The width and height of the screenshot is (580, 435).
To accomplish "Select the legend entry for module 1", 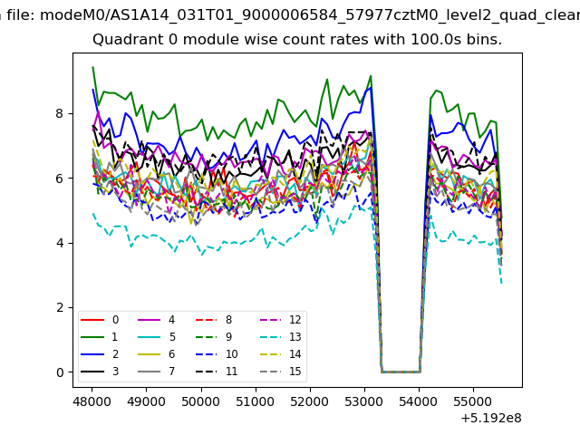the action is pos(99,337).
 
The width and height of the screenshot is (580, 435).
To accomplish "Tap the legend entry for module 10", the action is pos(217,354).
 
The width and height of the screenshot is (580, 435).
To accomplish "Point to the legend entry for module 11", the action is pos(217,372).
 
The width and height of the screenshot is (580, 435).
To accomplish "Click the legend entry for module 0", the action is pos(100,320).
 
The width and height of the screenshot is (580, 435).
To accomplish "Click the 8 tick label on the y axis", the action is pos(60,113).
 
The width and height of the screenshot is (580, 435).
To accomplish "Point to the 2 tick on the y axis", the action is pos(60,308).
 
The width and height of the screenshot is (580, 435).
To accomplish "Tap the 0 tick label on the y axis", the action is pos(60,372).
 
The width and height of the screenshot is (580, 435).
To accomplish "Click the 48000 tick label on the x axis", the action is pos(92,401).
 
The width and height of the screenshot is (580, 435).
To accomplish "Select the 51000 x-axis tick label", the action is pos(256,401).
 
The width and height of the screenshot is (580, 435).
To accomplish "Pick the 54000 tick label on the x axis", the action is pos(419,401).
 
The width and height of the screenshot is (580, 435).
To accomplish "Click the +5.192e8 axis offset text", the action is pos(491,419).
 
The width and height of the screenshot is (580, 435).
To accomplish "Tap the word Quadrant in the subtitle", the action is pos(129,39).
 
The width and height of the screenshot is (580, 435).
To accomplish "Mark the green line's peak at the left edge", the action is pos(92,67).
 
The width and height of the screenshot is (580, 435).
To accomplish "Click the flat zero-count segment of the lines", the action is pos(401,372).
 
